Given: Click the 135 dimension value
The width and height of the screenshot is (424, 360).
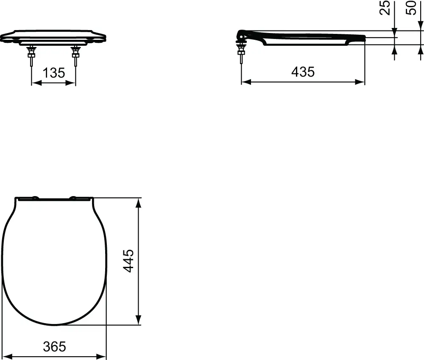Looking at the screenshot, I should [x=54, y=73].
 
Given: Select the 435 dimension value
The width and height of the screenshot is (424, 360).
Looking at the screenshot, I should [x=303, y=72].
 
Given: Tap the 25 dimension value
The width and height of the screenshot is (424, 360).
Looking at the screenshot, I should [x=385, y=8].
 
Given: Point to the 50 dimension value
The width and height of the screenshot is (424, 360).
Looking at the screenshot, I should [x=411, y=8].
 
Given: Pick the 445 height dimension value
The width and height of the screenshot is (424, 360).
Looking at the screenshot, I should [x=128, y=260].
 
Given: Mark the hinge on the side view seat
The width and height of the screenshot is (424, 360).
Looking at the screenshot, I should [x=241, y=35].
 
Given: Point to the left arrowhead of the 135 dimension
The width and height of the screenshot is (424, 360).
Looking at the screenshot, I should [x=35, y=83].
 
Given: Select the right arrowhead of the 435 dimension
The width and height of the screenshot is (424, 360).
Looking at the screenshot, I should [x=361, y=82].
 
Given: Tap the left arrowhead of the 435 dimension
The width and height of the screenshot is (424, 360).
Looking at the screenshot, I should [x=245, y=82].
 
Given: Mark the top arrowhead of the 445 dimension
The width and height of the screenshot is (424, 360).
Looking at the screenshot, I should [x=138, y=202].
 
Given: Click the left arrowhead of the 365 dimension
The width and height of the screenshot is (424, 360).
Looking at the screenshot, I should [x=6, y=356].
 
